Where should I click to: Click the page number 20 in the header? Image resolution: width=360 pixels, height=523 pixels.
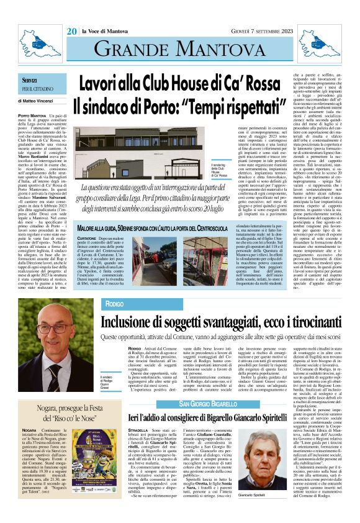(71, 31)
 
